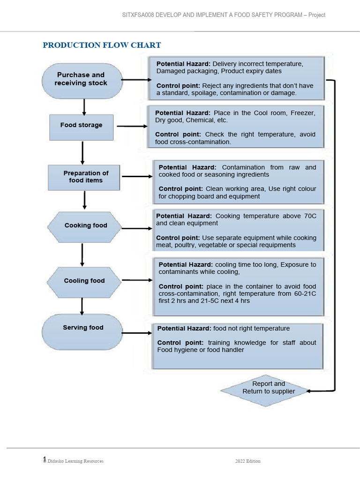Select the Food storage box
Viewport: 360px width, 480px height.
(81, 125)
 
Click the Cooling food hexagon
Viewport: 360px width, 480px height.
(84, 281)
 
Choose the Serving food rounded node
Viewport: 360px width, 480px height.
(82, 328)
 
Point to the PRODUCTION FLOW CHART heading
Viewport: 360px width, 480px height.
(102, 45)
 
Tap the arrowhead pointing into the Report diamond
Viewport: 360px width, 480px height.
(311, 390)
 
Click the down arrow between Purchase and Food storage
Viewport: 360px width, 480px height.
(84, 106)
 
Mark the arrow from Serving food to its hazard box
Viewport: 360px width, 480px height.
(136, 333)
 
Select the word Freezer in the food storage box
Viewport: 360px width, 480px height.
(303, 113)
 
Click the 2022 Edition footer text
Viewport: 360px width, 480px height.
(247, 461)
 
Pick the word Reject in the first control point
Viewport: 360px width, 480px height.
(212, 86)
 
